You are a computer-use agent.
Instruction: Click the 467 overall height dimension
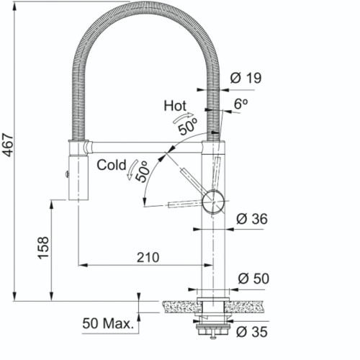(9, 145)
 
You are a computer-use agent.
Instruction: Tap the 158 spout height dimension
(44, 248)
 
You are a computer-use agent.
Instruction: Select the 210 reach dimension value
(148, 258)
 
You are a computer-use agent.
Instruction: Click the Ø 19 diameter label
(246, 78)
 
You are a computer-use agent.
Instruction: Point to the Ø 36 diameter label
(252, 219)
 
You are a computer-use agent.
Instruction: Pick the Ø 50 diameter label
(253, 279)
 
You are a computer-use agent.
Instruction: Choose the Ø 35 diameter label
(252, 332)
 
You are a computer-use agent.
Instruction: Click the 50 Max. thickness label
(108, 323)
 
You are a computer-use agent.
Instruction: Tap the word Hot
(175, 106)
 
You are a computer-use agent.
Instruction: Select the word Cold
(112, 165)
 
